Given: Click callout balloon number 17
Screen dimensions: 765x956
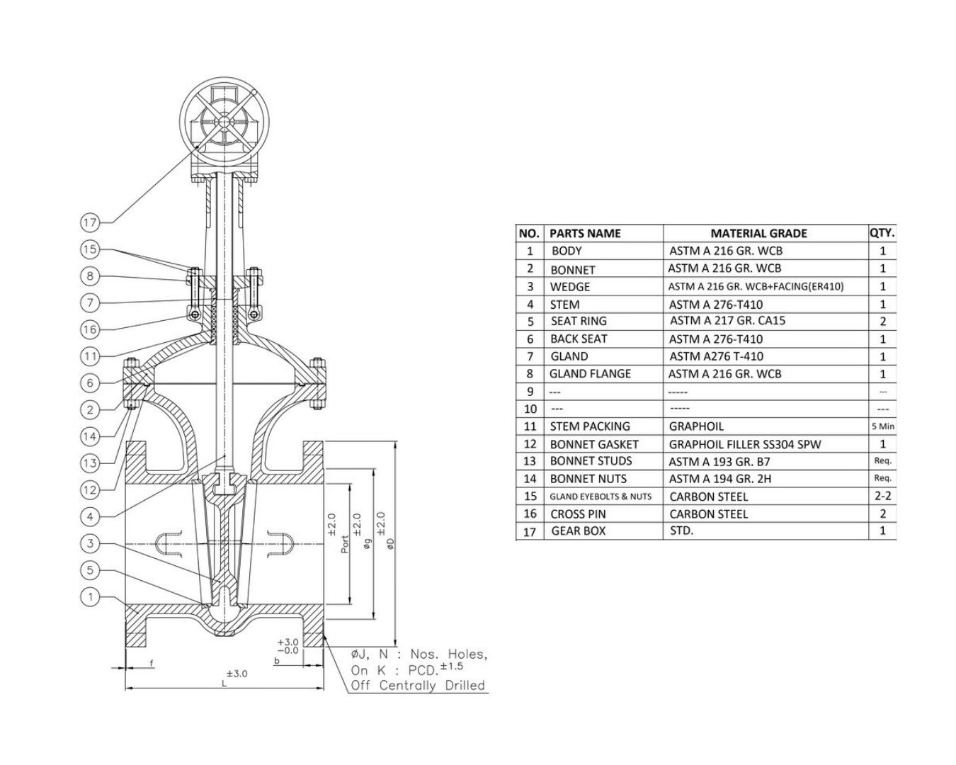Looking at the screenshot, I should [x=90, y=223].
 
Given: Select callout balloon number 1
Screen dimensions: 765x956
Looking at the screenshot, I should [x=90, y=597].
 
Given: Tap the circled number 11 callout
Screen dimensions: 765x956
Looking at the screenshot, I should [x=90, y=356].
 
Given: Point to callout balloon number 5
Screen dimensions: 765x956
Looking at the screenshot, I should [x=90, y=570].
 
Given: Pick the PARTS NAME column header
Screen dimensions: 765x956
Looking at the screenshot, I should [x=585, y=233].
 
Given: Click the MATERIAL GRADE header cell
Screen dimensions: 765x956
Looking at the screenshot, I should [x=758, y=233].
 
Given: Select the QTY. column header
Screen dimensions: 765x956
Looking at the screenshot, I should [x=882, y=232].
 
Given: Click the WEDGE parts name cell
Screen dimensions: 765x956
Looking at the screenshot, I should [x=570, y=287].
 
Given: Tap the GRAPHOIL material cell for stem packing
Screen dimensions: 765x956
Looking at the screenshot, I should [x=696, y=426].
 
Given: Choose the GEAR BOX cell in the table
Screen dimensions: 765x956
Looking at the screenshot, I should [x=579, y=531].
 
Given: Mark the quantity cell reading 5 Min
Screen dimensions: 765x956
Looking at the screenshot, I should [x=882, y=426].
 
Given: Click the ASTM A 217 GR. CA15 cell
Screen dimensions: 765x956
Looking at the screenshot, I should [x=727, y=321].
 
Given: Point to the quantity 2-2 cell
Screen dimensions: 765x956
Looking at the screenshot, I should [x=882, y=496].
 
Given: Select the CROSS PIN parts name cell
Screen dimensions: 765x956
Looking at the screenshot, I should [x=578, y=514].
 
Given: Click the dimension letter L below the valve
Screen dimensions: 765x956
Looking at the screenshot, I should [x=224, y=684].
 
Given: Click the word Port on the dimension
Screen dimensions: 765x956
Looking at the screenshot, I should [x=345, y=543].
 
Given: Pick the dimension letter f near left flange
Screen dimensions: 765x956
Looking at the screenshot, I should [x=152, y=663].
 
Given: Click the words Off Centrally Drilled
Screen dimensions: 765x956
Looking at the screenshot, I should [x=418, y=685].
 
